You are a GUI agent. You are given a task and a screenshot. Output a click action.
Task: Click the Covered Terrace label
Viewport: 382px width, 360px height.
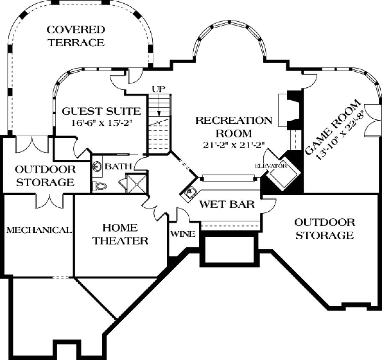pos(76,36)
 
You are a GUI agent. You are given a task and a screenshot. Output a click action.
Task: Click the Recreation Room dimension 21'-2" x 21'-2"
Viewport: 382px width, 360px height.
pos(234,145)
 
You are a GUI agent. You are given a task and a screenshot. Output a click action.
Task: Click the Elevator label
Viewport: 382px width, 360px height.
pos(271,166)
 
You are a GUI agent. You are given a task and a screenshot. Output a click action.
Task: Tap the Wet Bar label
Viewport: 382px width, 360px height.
pos(227,204)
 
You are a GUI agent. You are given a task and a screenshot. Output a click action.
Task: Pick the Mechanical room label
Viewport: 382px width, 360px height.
pos(39,230)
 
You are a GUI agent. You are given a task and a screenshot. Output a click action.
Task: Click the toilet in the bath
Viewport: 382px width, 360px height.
pos(99,186)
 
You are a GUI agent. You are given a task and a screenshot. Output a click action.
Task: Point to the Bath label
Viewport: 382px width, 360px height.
pos(118,166)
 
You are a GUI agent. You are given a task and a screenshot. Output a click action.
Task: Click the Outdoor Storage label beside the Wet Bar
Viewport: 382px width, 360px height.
pos(324,229)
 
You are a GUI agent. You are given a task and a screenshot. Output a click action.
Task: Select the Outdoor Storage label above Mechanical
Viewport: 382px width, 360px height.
pos(46,176)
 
